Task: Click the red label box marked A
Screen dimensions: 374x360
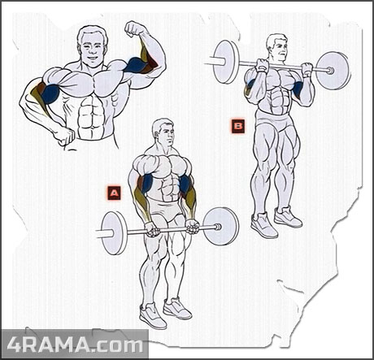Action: pyautogui.click(x=114, y=193)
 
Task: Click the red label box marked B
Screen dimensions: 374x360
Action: pyautogui.click(x=238, y=126)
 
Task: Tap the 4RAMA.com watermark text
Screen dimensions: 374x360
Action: pyautogui.click(x=75, y=345)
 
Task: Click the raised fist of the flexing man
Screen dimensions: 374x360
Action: pyautogui.click(x=134, y=28)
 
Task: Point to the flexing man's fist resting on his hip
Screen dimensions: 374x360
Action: pyautogui.click(x=64, y=136)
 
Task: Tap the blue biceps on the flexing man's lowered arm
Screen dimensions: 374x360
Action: pyautogui.click(x=50, y=94)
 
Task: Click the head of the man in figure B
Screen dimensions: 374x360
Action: pyautogui.click(x=277, y=49)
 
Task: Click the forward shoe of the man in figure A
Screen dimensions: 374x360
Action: pyautogui.click(x=152, y=315)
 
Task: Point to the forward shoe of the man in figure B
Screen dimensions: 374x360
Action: pyautogui.click(x=263, y=225)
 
